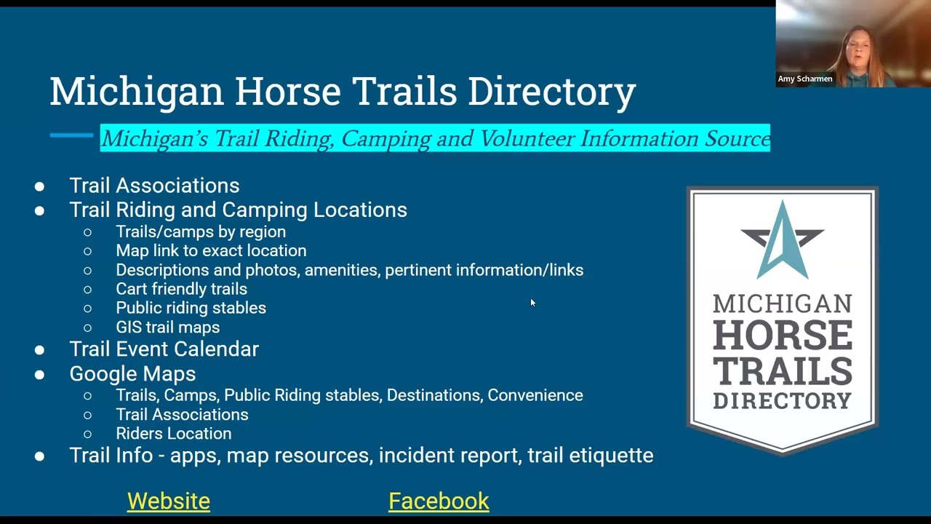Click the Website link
[168, 501]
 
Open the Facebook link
[439, 501]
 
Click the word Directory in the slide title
[551, 92]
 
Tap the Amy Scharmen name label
[805, 79]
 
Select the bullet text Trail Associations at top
[154, 186]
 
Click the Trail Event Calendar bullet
[164, 349]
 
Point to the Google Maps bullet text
[132, 373]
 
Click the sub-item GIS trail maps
[167, 327]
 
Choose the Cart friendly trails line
[181, 289]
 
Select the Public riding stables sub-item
[191, 308]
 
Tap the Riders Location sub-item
[173, 434]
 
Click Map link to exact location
[211, 250]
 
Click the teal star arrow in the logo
[782, 240]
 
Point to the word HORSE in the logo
[783, 336]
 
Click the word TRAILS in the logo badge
[783, 370]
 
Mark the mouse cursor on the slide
[532, 303]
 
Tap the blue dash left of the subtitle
[71, 135]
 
